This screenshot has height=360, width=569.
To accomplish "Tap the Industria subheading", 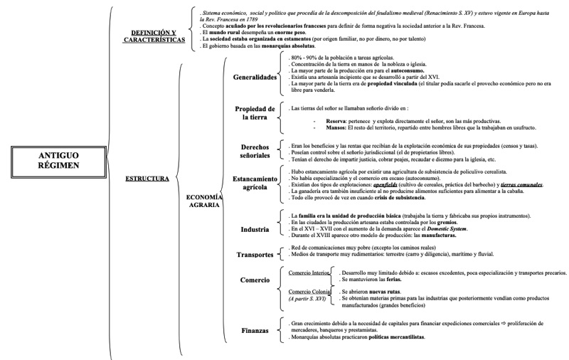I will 254,230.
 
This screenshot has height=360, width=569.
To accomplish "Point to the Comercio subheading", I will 254,281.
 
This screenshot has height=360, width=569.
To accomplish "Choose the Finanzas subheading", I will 254,330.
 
